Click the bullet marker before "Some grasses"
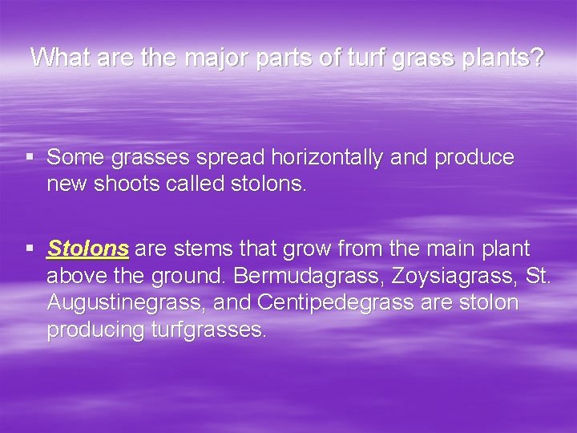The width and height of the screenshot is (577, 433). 30,158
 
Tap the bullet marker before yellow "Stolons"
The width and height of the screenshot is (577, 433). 30,249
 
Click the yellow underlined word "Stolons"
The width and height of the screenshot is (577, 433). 88,249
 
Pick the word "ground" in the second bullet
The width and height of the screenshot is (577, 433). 191,276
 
